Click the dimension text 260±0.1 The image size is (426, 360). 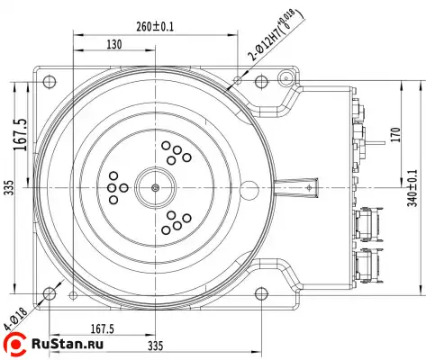pyautogui.click(x=155, y=27)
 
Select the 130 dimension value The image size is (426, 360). pyautogui.click(x=114, y=44)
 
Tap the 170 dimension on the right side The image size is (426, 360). pyautogui.click(x=396, y=135)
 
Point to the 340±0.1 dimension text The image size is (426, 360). pyautogui.click(x=412, y=188)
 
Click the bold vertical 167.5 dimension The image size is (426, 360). pyautogui.click(x=21, y=135)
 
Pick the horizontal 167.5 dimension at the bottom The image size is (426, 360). pyautogui.click(x=103, y=329)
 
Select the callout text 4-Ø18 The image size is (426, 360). pyautogui.click(x=15, y=319)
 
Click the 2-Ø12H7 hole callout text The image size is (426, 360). pyautogui.click(x=276, y=35)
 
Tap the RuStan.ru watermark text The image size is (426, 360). pyautogui.click(x=68, y=344)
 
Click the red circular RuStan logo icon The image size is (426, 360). pyautogui.click(x=14, y=344)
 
